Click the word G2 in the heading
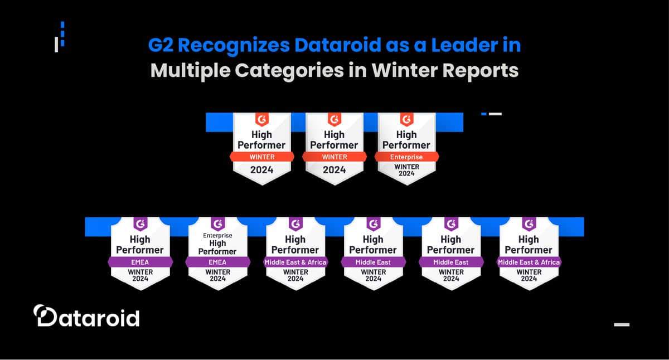161,45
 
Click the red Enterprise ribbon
406,157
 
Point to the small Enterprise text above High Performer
217,236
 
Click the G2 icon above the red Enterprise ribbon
406,119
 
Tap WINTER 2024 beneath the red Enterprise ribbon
406,170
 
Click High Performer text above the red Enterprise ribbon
406,140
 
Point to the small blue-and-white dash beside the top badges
491,114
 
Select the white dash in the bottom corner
621,324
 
